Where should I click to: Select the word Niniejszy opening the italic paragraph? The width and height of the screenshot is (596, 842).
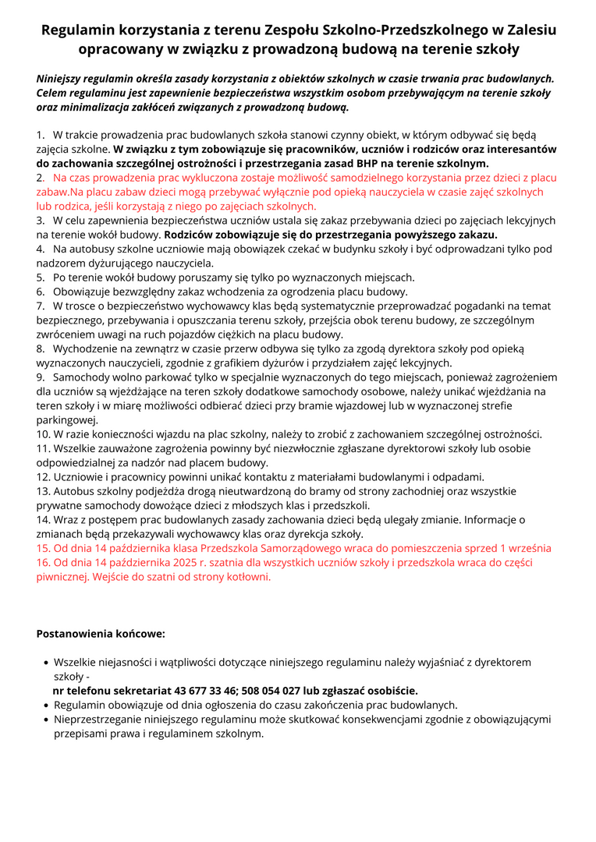tap(62, 79)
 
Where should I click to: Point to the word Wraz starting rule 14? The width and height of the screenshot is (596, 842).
tap(67, 519)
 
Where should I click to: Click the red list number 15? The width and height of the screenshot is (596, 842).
tap(43, 548)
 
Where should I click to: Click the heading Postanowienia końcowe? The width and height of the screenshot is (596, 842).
tap(101, 634)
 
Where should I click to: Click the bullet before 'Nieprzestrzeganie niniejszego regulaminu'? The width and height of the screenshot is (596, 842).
tap(46, 720)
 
